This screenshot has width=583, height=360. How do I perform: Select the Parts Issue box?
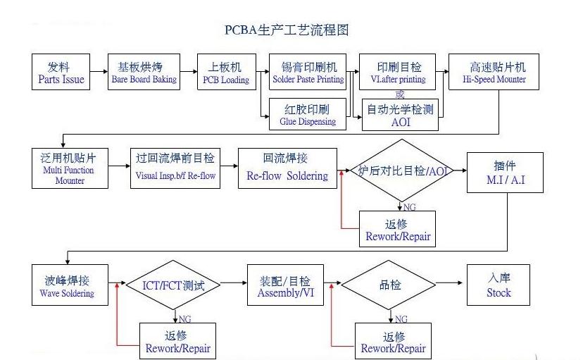(61, 73)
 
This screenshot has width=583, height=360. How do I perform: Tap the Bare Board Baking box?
(144, 73)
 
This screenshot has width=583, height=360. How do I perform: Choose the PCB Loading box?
(225, 73)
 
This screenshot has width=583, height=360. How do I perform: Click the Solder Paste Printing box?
(308, 73)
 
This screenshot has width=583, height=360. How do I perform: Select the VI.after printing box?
(399, 73)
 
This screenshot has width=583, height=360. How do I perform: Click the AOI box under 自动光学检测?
(399, 115)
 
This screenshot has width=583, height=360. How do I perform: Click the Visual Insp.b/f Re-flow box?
(175, 168)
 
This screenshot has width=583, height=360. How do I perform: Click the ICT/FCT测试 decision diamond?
(173, 285)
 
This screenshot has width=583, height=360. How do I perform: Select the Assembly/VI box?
(285, 285)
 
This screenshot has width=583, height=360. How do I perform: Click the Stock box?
(499, 285)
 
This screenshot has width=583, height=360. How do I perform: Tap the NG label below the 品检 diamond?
(401, 319)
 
